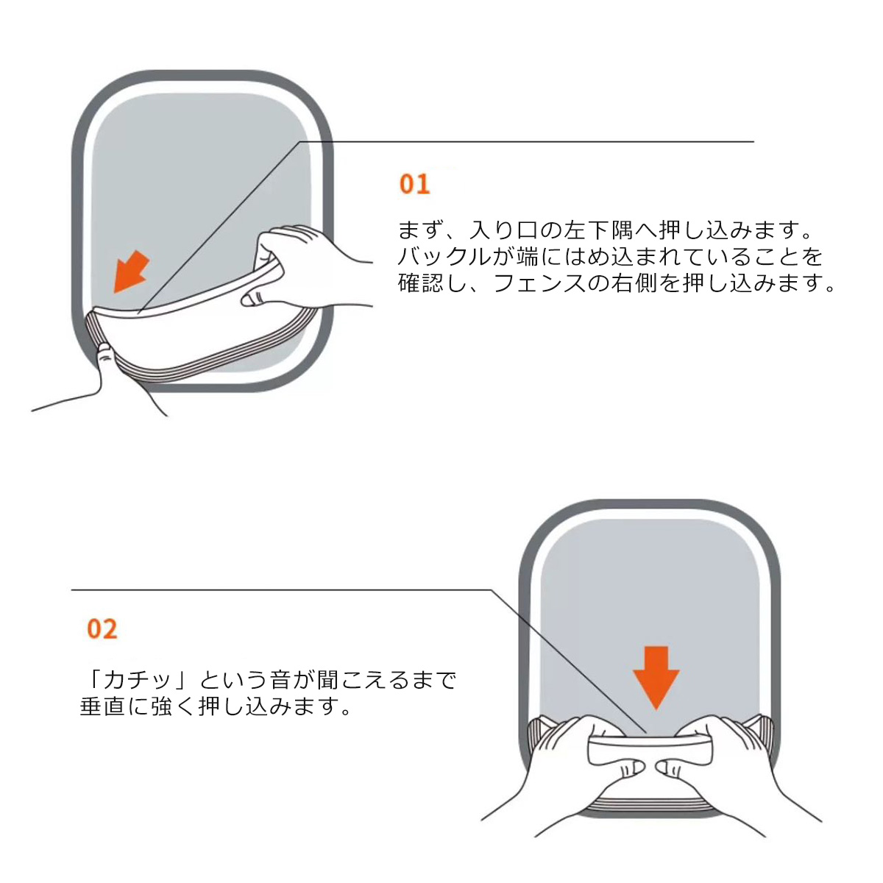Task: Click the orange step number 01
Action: click(x=414, y=183)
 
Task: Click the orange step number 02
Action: click(x=102, y=629)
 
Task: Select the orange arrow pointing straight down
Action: click(x=656, y=675)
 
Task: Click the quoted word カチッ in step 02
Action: click(x=140, y=678)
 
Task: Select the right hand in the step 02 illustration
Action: click(x=736, y=773)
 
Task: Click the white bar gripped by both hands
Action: click(x=651, y=751)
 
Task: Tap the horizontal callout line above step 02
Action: click(x=280, y=590)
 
